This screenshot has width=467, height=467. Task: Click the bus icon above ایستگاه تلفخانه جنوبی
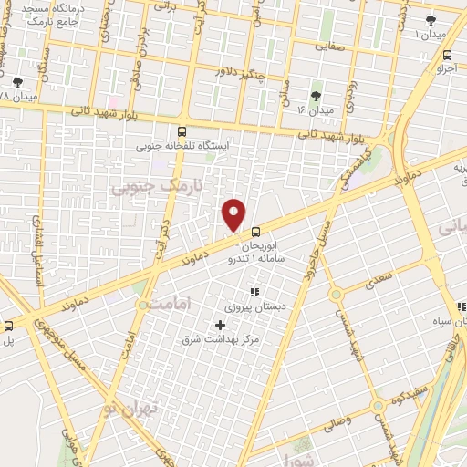[x=182, y=131]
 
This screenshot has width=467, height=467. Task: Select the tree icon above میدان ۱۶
[x=317, y=95]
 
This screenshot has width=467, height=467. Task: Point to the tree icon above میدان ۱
[x=431, y=19]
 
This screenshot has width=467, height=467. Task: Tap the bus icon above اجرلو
[x=445, y=55]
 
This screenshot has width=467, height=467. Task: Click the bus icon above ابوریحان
[x=256, y=232]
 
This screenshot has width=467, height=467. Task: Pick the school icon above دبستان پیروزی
[x=254, y=293]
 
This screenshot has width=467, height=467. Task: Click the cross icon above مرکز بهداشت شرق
[x=220, y=324]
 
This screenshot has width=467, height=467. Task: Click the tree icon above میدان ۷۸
[x=17, y=81]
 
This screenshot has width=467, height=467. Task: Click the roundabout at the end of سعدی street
[x=336, y=294]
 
